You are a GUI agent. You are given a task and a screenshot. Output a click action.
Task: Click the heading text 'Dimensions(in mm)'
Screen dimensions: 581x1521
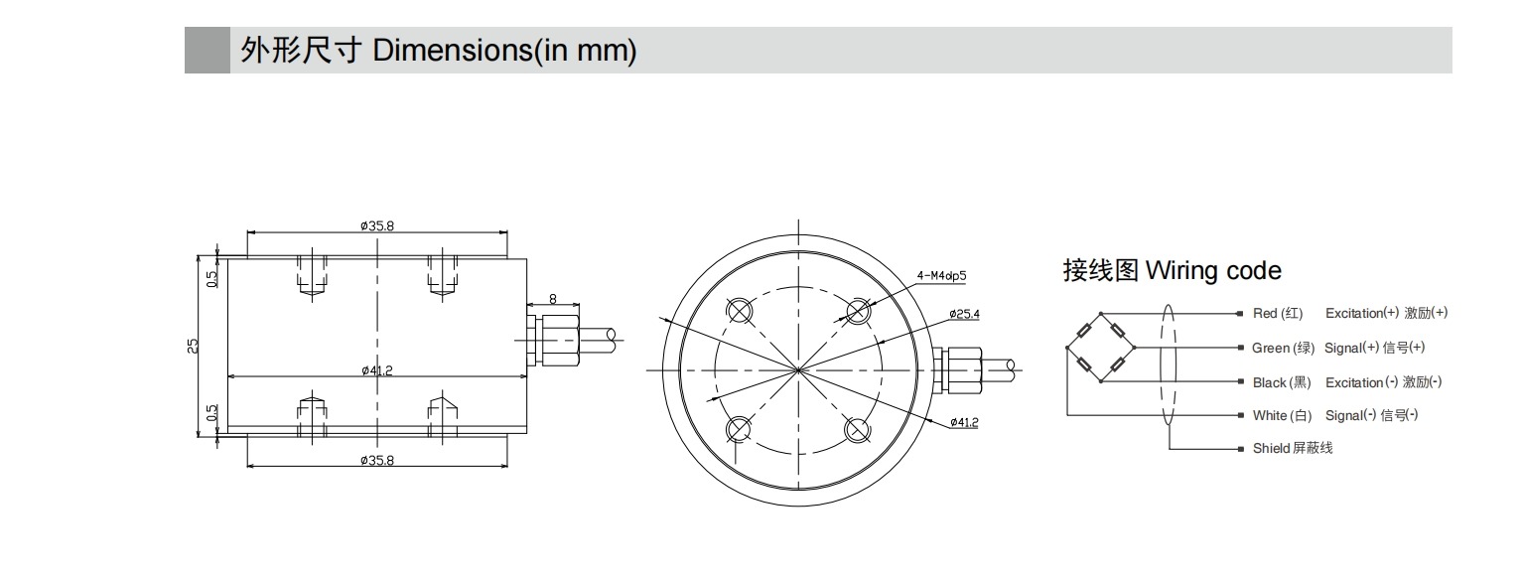click(504, 51)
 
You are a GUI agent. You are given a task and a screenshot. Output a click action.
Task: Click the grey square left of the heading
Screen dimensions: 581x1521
click(207, 51)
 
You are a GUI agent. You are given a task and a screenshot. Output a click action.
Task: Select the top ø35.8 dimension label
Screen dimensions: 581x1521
click(377, 225)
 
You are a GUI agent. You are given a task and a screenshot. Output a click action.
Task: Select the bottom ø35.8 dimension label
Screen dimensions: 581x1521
click(377, 460)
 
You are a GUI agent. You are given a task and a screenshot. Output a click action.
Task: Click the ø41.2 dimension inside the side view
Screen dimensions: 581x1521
click(377, 370)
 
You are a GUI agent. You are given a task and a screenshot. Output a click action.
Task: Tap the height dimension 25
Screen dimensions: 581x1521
click(193, 346)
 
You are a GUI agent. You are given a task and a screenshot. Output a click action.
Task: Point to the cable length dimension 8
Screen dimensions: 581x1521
click(553, 297)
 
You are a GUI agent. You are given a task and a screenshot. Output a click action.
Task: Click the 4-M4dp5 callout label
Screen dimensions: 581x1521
click(942, 275)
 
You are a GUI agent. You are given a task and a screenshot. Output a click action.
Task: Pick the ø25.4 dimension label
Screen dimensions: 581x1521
click(963, 314)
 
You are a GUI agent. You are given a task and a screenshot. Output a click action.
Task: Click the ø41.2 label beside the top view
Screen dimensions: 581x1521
click(963, 423)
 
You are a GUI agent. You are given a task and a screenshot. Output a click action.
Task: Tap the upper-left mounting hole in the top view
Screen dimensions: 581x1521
click(740, 311)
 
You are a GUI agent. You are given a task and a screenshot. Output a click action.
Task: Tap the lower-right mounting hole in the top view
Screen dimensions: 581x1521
click(858, 429)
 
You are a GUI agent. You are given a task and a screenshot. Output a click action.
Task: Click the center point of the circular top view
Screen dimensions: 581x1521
click(798, 370)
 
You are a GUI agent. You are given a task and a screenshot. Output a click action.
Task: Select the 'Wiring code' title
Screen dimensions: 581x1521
click(1172, 270)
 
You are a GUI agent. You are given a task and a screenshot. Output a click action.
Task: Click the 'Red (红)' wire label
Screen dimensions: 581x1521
click(1278, 314)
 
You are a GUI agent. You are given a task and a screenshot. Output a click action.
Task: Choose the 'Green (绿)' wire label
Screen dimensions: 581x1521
click(1283, 348)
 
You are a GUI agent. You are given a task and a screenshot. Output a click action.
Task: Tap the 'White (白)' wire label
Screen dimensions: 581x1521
click(1282, 415)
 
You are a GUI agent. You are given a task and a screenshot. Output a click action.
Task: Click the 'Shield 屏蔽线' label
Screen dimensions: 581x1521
click(1293, 448)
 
